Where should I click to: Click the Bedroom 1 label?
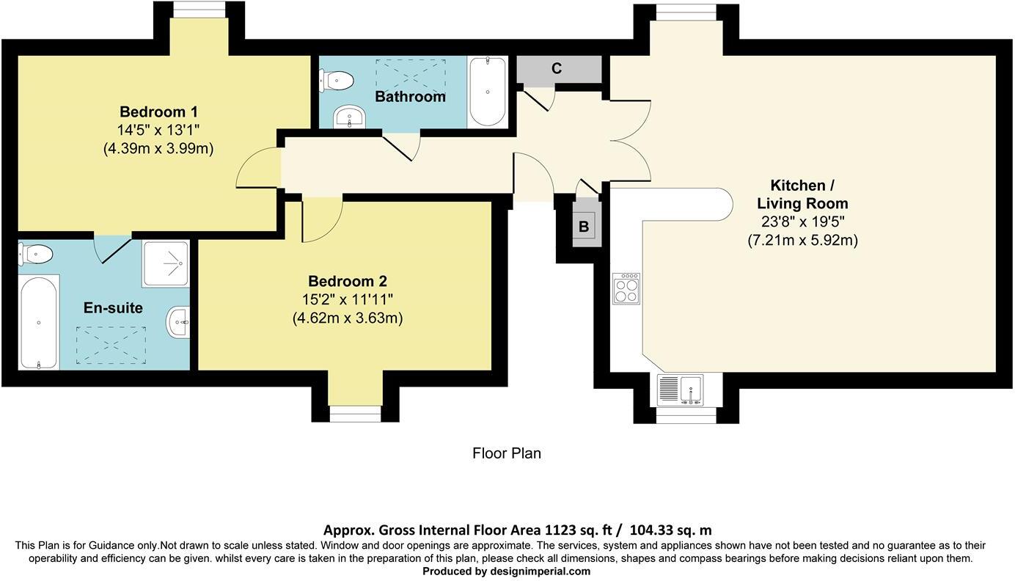158,112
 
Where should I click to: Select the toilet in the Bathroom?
335,79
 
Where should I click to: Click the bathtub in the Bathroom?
487,92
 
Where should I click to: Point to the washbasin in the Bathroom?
350,117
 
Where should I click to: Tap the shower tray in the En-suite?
166,263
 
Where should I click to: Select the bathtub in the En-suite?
38,322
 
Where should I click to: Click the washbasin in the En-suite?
178,323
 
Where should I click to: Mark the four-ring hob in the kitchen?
626,288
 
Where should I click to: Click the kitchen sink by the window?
680,389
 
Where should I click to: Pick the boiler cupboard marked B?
585,227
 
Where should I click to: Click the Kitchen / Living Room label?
802,194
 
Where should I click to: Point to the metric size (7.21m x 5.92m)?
802,240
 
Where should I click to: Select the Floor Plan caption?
507,453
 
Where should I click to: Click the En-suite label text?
113,308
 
